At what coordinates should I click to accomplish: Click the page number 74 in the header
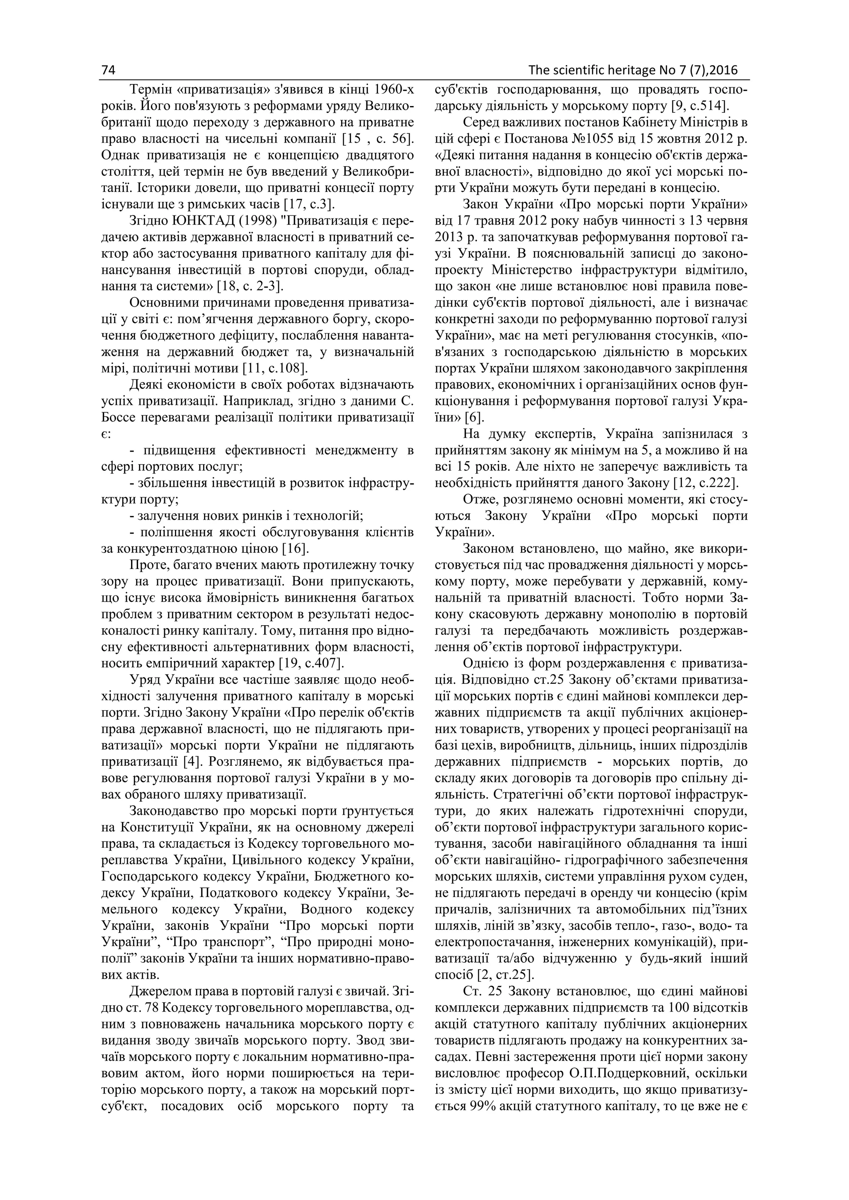108,70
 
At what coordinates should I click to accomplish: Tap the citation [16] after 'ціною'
296,549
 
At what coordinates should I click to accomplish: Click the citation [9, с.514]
701,106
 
